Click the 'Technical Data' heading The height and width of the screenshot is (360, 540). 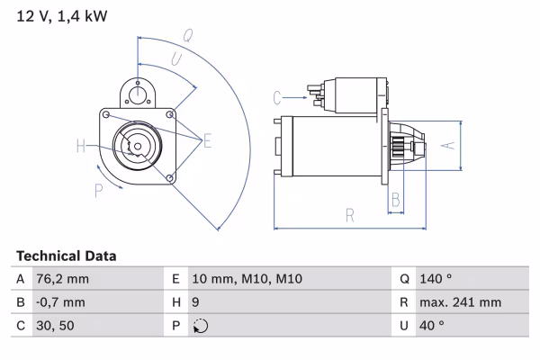tap(66, 256)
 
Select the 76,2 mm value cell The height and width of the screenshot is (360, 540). tap(63, 279)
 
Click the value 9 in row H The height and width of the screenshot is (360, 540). tap(196, 302)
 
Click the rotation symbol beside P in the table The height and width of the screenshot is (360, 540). tap(200, 327)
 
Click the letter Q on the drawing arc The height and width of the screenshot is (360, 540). tap(188, 36)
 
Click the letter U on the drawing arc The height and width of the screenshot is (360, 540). tap(176, 58)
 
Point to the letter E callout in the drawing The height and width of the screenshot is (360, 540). tap(207, 140)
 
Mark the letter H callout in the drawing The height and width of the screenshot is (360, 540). tap(81, 146)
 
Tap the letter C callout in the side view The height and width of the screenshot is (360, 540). tap(278, 96)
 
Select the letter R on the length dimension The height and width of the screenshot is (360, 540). tap(350, 214)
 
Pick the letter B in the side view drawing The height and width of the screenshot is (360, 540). tap(395, 199)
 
